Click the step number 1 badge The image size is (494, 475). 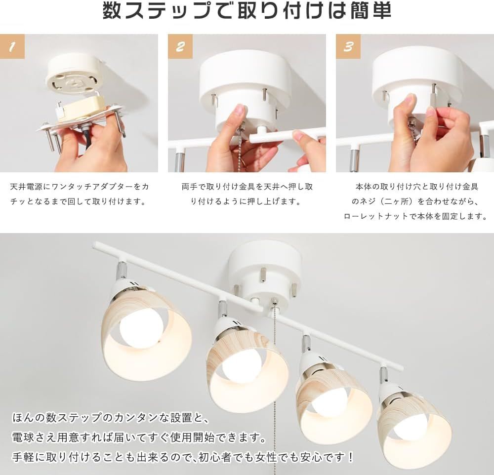(x=12, y=46)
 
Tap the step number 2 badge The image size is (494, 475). (x=180, y=46)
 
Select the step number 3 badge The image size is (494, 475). (x=348, y=46)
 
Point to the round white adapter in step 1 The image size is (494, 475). (x=74, y=74)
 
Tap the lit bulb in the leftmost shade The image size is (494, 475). (x=140, y=327)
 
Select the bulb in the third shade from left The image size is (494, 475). (x=329, y=401)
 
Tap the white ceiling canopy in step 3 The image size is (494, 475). (x=417, y=74)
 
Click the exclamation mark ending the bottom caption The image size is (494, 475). (x=350, y=457)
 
